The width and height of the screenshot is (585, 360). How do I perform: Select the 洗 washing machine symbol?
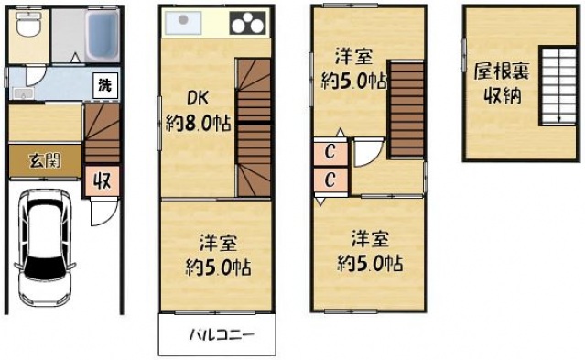[104, 85]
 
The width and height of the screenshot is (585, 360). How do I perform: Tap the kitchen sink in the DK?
[183, 22]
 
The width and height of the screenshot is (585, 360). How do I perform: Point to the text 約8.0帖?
[199, 123]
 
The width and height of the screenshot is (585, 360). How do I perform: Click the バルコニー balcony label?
[217, 334]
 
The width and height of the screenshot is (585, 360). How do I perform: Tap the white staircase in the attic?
[555, 87]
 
